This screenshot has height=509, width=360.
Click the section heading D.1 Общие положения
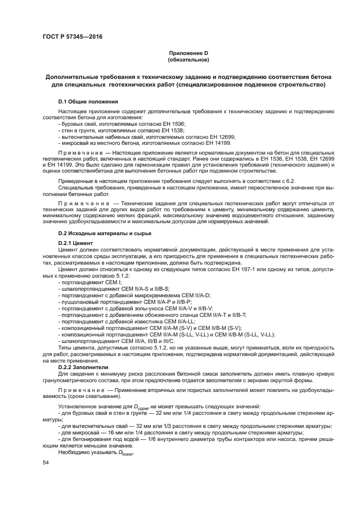pos(88,102)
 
